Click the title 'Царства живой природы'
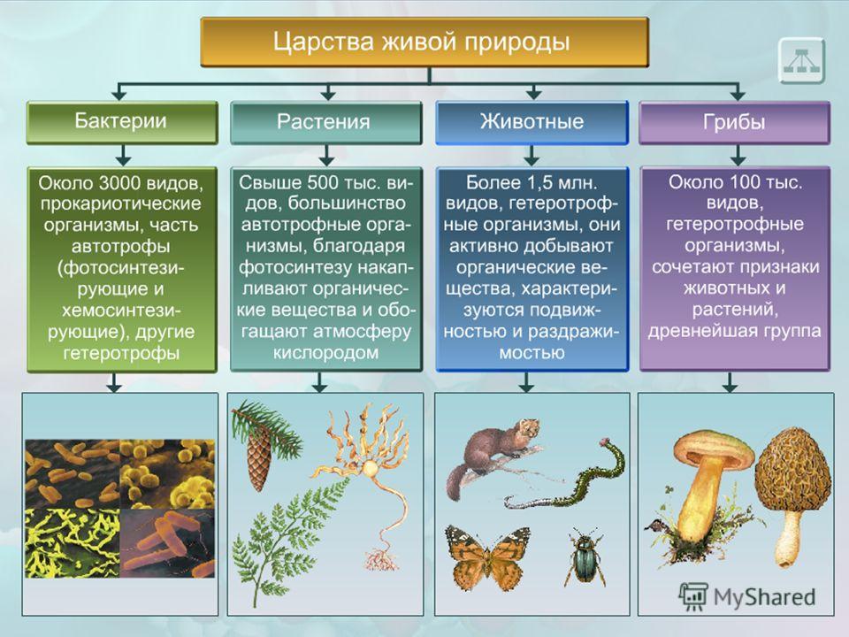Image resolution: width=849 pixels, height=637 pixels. tap(421, 42)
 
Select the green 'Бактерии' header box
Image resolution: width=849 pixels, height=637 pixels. tap(122, 122)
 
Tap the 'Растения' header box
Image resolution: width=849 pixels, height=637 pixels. tap(325, 122)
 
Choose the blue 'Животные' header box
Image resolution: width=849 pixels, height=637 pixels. tap(532, 122)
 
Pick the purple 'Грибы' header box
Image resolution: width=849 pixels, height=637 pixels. tap(734, 122)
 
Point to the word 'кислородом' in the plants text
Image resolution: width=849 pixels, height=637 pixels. tap(325, 353)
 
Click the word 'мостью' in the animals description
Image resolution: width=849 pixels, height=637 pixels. tap(532, 353)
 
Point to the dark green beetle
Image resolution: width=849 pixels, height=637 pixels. tap(585, 558)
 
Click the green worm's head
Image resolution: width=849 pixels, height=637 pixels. tap(604, 442)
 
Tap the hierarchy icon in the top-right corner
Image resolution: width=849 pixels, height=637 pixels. tap(801, 60)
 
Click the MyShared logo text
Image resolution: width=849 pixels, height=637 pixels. tap(764, 597)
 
